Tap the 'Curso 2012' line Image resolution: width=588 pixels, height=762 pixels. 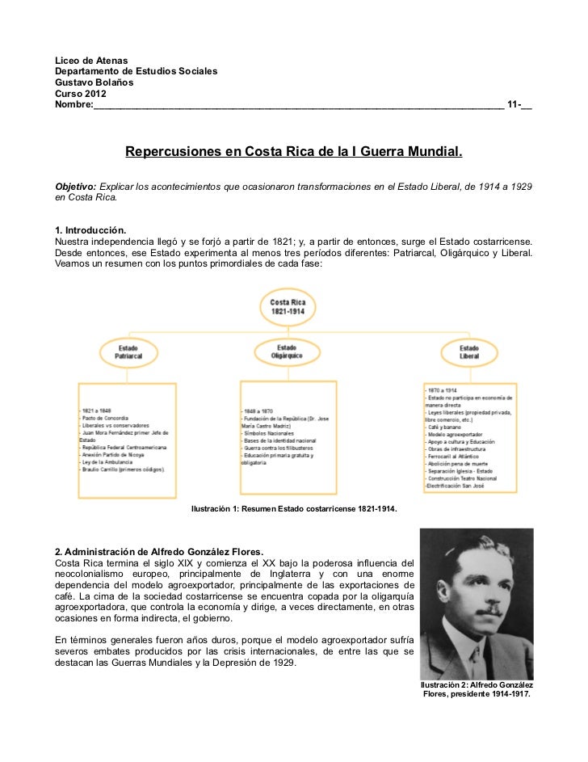pos(79,95)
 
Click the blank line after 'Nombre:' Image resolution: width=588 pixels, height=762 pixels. pos(299,107)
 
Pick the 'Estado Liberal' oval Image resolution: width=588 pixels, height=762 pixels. pos(468,352)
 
